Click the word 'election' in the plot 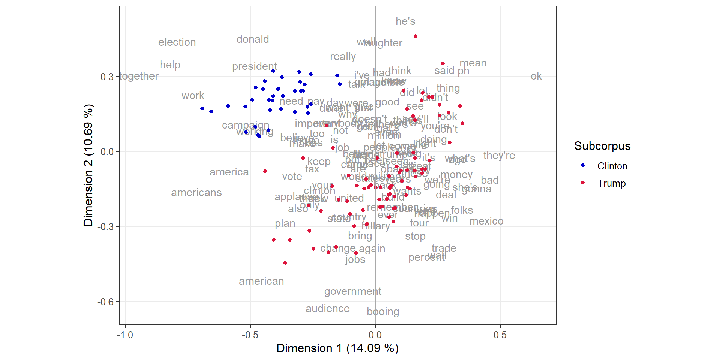(177, 42)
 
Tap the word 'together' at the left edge (139, 76)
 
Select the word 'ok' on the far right (536, 76)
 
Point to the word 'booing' (383, 312)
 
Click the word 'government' (352, 291)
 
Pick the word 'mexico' (486, 221)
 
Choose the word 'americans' (196, 193)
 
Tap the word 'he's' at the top (405, 21)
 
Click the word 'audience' (327, 309)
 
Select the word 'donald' (253, 39)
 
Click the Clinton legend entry (612, 166)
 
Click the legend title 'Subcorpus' (602, 146)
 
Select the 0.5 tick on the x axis (500, 335)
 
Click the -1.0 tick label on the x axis (125, 335)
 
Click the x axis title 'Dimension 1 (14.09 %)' (337, 348)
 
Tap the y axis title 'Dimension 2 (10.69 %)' (88, 165)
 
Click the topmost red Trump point (415, 36)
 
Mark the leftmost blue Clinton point (202, 108)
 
